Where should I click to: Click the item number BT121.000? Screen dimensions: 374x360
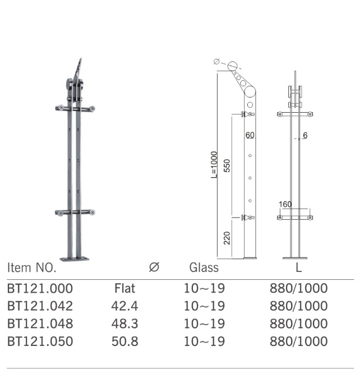(40, 289)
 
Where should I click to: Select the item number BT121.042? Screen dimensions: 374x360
(40, 306)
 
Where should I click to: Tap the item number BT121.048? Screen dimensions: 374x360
(40, 324)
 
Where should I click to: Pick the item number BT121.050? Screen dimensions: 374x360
(40, 341)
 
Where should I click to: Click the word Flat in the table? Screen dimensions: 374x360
(124, 289)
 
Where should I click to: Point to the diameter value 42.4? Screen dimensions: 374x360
(125, 306)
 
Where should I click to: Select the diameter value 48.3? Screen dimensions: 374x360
(125, 324)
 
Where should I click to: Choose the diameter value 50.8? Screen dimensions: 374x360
(125, 341)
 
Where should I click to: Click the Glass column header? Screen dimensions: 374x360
(204, 268)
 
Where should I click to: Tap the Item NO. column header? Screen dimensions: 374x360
(32, 268)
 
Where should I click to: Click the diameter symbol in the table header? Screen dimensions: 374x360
(154, 267)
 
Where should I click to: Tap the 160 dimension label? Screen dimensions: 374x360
(285, 204)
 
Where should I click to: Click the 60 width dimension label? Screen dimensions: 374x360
(250, 135)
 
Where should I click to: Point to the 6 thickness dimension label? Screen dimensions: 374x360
(305, 135)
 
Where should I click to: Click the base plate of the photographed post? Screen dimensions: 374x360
(74, 258)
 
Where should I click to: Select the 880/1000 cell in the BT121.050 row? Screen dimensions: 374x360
(298, 341)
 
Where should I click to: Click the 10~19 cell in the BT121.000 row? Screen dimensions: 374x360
(204, 289)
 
